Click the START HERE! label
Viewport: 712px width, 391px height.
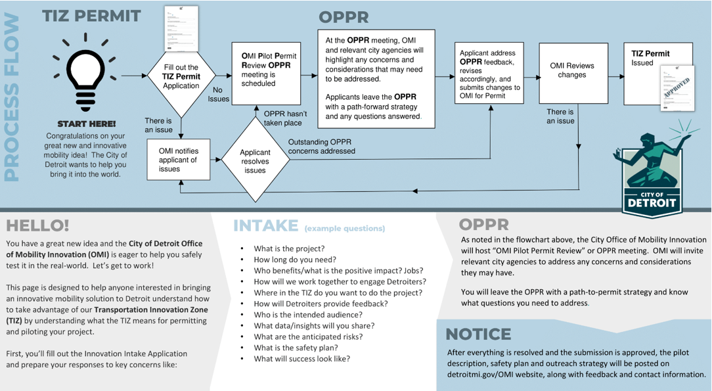[x=86, y=124]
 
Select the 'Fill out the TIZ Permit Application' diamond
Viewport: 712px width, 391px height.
[x=181, y=76]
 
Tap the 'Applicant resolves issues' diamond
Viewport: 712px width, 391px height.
[x=255, y=161]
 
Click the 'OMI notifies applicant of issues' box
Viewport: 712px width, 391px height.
[x=179, y=160]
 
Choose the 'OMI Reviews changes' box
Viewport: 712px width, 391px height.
[x=573, y=73]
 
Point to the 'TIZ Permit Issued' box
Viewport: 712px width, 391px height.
[x=658, y=73]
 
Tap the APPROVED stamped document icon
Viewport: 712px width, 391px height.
[x=678, y=89]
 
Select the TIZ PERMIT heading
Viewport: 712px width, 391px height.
[x=91, y=16]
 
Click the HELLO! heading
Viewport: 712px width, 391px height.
[x=37, y=226]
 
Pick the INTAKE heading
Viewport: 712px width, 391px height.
[x=266, y=226]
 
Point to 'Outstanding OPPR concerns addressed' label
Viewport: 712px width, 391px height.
[x=321, y=147]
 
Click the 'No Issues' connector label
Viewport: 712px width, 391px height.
[x=219, y=95]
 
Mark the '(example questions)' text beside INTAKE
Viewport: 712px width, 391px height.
[x=344, y=229]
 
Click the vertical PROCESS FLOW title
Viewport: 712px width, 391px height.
[x=12, y=99]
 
